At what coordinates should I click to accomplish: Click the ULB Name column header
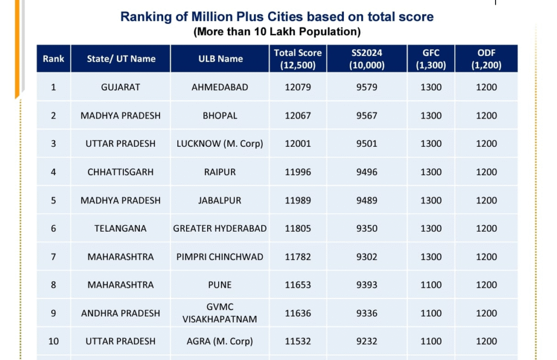tap(220, 59)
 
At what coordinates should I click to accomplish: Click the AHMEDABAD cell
tap(220, 87)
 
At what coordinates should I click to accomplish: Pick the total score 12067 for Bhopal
tap(298, 115)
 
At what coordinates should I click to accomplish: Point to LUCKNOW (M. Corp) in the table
tap(220, 144)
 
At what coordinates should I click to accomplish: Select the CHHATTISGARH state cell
tap(120, 172)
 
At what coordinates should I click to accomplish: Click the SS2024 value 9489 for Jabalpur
tap(367, 200)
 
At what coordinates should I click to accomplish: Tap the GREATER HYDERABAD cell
tap(220, 228)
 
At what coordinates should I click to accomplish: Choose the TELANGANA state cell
tap(120, 228)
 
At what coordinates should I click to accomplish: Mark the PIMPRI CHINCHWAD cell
tap(220, 257)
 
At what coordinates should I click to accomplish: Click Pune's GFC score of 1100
tap(431, 285)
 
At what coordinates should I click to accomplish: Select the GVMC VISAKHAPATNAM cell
tap(220, 313)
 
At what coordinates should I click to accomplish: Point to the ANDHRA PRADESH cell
tap(120, 313)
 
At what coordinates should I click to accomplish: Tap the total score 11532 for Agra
tap(298, 342)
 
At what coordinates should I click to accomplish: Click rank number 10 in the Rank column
tap(53, 342)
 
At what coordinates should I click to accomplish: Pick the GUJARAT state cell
tap(120, 87)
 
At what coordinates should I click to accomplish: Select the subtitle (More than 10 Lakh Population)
tap(277, 32)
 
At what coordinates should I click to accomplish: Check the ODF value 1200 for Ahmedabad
tap(486, 87)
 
